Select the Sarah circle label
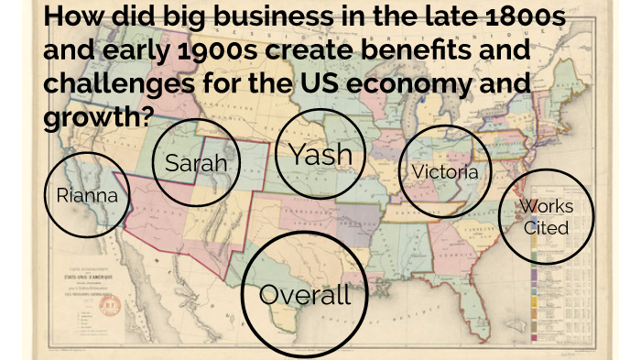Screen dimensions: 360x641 pos(195,165)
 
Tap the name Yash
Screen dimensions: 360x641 pos(320,154)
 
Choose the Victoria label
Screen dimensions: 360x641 pos(445,171)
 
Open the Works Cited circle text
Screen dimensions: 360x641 pos(547,216)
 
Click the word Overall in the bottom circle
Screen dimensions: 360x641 pos(305,295)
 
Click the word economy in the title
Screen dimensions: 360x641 pos(415,83)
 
